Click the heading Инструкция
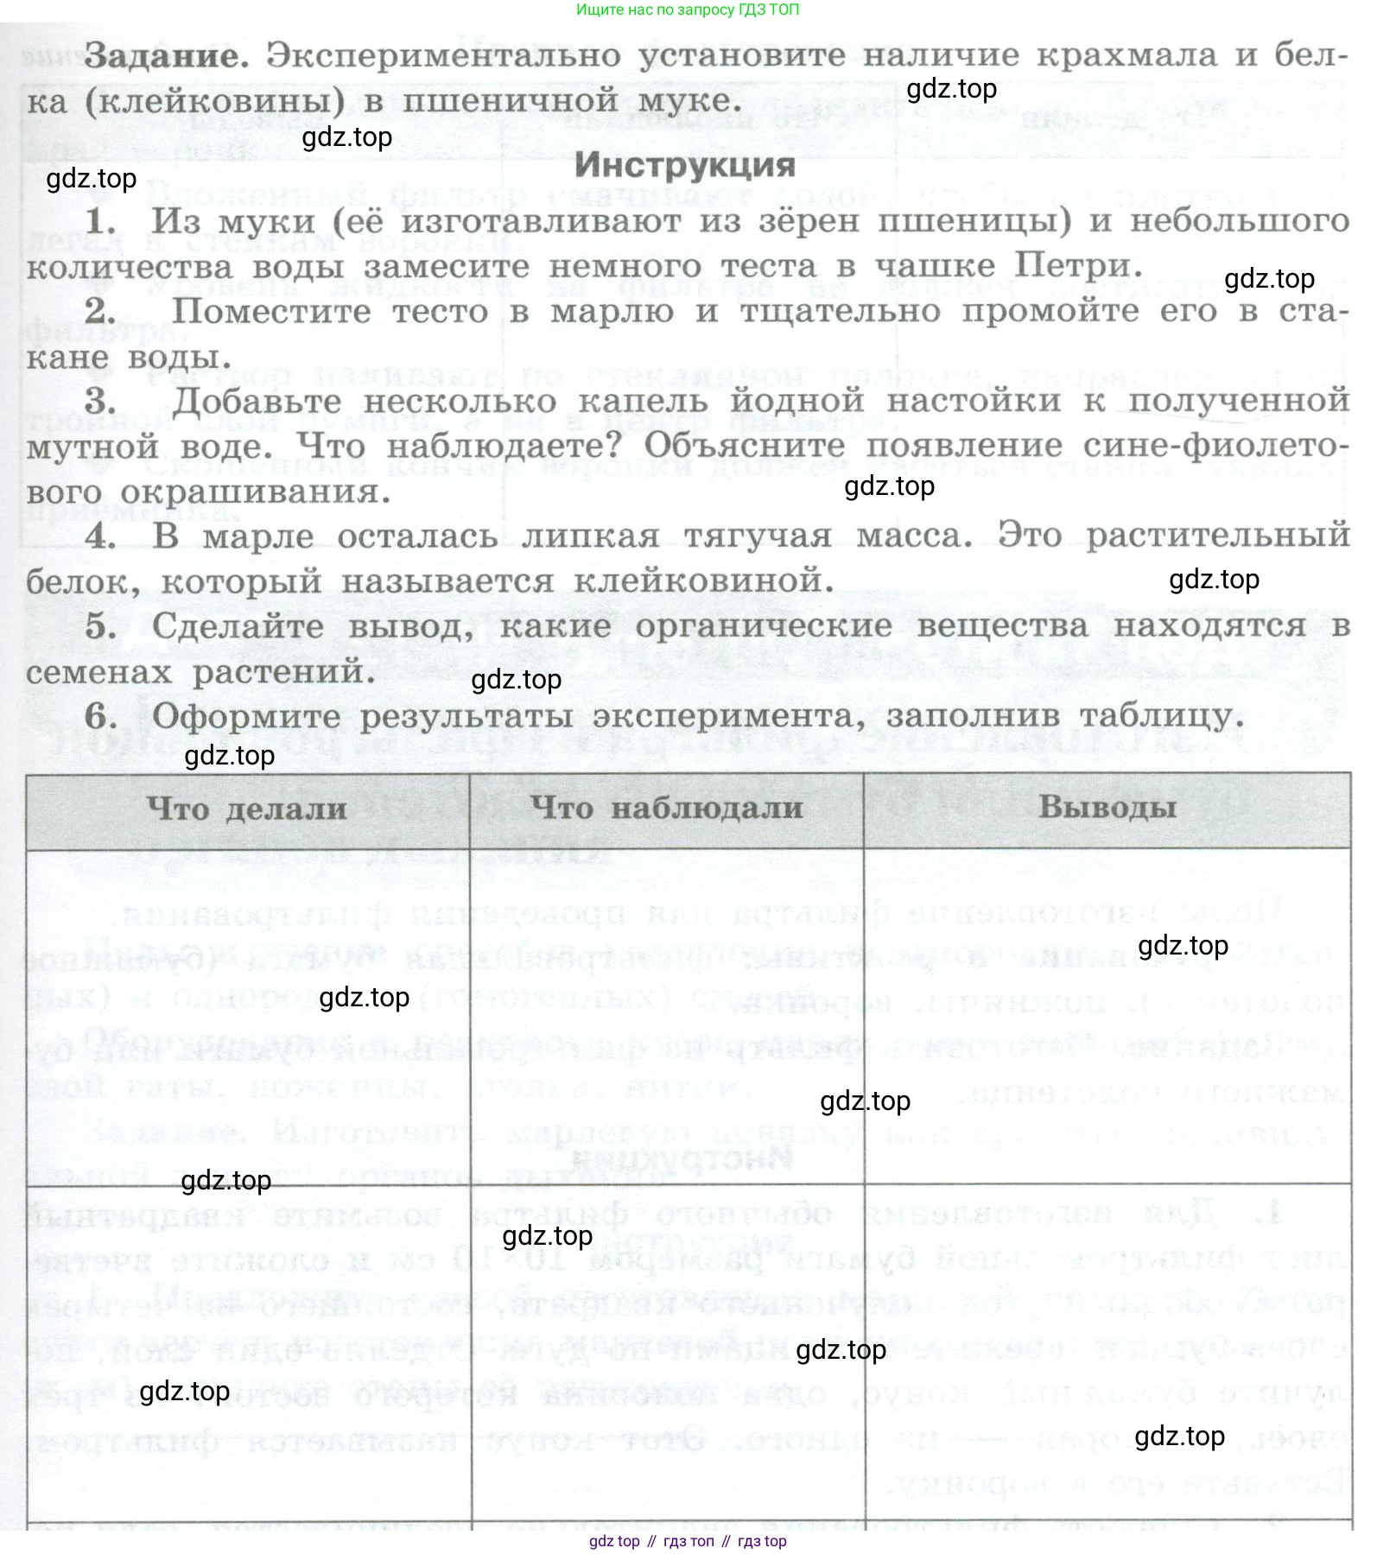pyautogui.click(x=685, y=164)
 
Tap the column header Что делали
pyautogui.click(x=247, y=809)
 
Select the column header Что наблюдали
pyautogui.click(x=666, y=809)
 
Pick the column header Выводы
pyautogui.click(x=1107, y=807)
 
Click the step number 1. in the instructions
pyautogui.click(x=101, y=221)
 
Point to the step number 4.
pyautogui.click(x=101, y=536)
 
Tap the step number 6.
pyautogui.click(x=101, y=716)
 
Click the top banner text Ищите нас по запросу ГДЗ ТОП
pyautogui.click(x=688, y=10)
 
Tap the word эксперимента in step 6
pyautogui.click(x=730, y=716)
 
